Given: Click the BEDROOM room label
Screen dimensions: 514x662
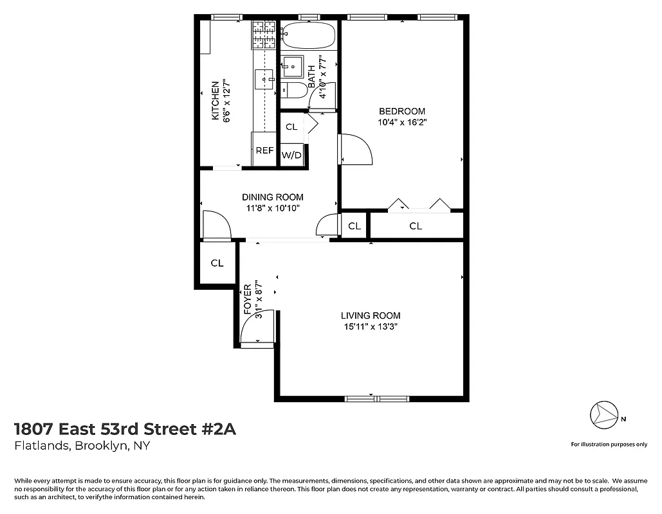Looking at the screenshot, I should [401, 111].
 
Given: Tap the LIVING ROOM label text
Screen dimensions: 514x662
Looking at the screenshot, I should [371, 315].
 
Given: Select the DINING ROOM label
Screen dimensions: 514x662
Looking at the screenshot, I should [272, 197].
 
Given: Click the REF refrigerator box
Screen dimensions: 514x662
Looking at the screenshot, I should [264, 151].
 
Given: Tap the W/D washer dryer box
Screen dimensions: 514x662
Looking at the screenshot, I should [291, 155].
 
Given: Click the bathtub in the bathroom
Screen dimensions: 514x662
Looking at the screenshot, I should [309, 36].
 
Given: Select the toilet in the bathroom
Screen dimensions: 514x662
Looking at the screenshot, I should [294, 90].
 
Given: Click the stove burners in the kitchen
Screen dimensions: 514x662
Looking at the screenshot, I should [264, 35].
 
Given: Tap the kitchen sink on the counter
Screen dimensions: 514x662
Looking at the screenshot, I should [264, 79].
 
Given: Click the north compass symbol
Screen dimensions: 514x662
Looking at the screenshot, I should [604, 414].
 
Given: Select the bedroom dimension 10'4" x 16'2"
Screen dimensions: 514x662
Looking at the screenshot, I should [401, 122].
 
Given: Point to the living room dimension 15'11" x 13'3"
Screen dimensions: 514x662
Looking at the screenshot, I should [371, 326].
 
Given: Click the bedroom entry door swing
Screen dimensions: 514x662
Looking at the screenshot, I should [356, 149].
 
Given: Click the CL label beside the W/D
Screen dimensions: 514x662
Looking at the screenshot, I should [291, 127].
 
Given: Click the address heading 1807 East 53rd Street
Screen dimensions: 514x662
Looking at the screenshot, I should [125, 429].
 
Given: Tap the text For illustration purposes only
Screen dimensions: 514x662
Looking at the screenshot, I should [609, 444].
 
